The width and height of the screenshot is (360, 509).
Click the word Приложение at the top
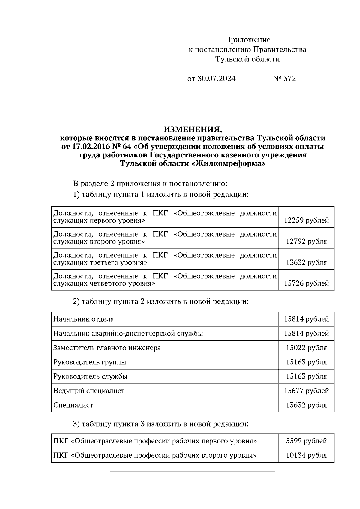click(247, 40)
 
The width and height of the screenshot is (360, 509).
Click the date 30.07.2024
click(216, 79)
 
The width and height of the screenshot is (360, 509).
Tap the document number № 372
click(284, 79)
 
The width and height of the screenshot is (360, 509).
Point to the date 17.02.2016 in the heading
click(89, 147)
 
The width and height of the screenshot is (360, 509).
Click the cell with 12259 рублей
click(306, 220)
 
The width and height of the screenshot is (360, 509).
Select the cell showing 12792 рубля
click(306, 241)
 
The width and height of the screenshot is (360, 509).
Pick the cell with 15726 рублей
click(306, 283)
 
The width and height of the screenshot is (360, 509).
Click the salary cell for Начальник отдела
click(306, 319)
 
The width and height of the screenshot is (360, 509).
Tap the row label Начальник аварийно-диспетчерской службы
click(128, 333)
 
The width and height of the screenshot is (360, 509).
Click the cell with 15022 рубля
click(306, 348)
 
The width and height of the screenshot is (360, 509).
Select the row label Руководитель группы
click(90, 362)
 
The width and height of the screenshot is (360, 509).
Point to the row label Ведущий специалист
click(89, 391)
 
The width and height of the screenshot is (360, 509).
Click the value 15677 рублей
click(306, 391)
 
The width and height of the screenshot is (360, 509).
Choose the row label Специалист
click(73, 405)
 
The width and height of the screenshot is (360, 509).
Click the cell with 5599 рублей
click(306, 441)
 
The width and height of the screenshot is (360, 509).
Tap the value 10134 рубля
click(306, 455)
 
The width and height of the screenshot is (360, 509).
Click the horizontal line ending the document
click(193, 472)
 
